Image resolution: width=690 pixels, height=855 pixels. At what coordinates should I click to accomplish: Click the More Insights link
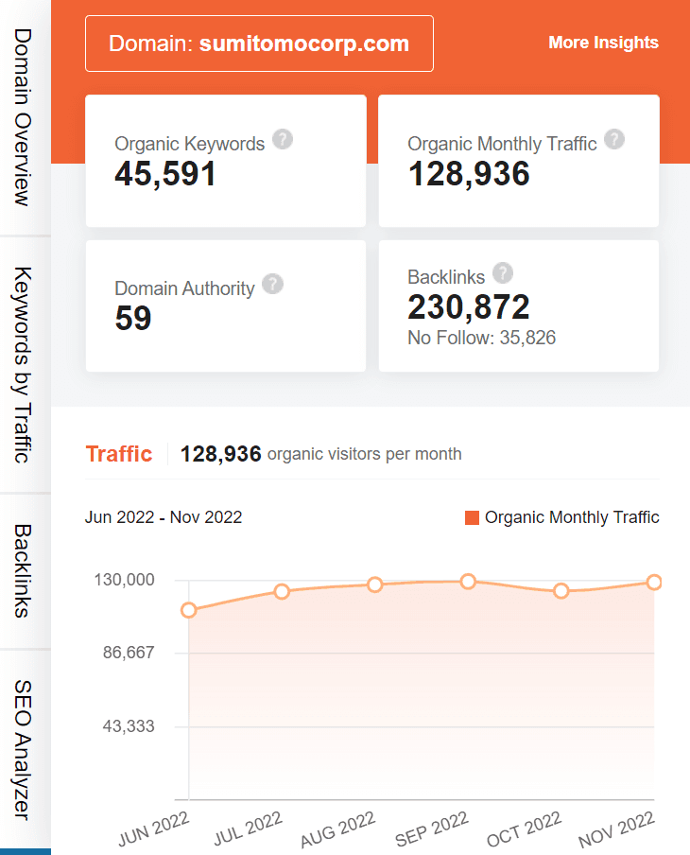click(x=603, y=43)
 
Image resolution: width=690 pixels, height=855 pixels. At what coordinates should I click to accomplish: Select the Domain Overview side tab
click(x=24, y=117)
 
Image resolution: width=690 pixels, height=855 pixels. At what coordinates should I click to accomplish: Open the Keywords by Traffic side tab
click(x=24, y=364)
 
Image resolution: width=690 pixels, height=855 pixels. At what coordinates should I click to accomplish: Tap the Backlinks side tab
click(x=24, y=570)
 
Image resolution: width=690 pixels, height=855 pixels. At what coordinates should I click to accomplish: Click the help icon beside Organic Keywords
click(x=283, y=140)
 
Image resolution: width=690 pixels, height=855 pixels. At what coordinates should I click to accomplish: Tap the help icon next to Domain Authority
click(x=272, y=284)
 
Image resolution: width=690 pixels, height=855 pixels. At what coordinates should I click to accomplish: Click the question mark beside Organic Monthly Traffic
click(x=614, y=140)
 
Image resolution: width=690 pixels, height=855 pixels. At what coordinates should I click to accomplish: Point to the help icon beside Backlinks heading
click(x=503, y=273)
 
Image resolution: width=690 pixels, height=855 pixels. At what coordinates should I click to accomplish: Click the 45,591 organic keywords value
click(x=165, y=174)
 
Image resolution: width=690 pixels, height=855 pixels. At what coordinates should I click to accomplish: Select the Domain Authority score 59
click(x=133, y=319)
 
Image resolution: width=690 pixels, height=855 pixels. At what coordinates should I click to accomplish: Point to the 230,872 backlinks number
click(x=468, y=306)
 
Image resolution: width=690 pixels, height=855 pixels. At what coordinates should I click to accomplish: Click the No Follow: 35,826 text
click(x=481, y=338)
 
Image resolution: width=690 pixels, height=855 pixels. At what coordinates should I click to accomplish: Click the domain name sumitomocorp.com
click(x=303, y=44)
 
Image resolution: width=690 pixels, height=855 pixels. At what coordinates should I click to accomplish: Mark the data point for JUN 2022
click(x=189, y=610)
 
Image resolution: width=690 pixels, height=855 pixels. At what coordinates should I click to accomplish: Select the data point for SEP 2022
click(x=468, y=582)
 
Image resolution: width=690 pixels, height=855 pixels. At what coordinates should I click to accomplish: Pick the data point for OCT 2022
click(x=561, y=591)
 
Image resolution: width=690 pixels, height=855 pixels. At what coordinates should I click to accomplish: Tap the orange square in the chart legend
click(x=473, y=517)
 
